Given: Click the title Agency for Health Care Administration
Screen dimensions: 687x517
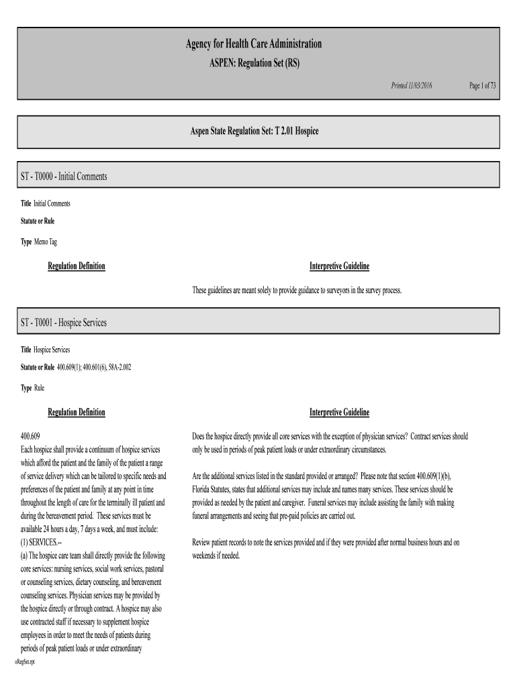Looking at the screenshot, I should [253, 44].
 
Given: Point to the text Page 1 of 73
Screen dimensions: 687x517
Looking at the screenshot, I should [482, 86].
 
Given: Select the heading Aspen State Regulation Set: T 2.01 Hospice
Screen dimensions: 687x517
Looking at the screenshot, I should [253, 131].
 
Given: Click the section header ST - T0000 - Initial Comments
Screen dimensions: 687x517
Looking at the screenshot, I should [64, 176].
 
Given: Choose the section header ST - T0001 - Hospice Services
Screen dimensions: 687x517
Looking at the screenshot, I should [63, 323].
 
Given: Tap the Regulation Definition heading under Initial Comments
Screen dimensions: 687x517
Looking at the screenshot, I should [76, 266].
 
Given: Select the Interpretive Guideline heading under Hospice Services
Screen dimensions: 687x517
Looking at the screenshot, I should [339, 412].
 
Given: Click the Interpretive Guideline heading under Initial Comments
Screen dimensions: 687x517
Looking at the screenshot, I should [339, 266].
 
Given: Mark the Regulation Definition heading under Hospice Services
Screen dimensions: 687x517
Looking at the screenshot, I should [76, 412].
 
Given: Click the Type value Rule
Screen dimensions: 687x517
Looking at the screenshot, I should [40, 388].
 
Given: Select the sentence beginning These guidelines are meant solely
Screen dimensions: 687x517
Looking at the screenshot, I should [296, 290].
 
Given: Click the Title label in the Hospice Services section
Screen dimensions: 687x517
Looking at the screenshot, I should [26, 350].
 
